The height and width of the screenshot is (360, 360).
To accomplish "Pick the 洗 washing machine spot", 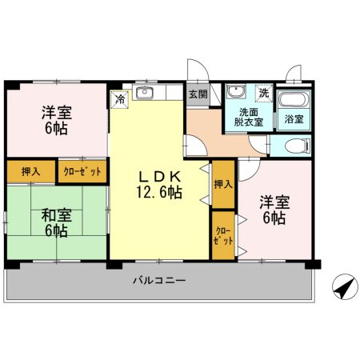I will point(263,92).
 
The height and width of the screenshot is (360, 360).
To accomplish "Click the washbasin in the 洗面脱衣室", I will point(238,92).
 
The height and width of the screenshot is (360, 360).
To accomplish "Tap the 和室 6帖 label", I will point(55,222).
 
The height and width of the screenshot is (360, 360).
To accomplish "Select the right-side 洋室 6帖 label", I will point(273,210).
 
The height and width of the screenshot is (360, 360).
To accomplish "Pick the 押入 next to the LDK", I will point(222,183).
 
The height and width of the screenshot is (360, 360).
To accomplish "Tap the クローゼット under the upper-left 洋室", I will point(80,170).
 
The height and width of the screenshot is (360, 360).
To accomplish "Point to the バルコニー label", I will point(159,282).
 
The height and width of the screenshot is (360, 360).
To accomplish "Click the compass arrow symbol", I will point(342,286).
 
